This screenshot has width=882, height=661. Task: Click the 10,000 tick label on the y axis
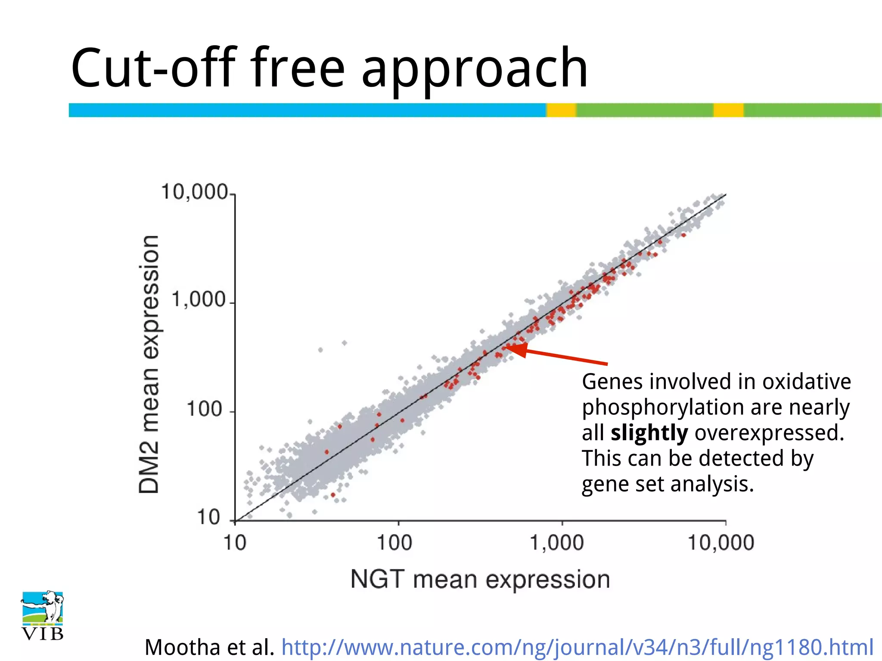pos(194,192)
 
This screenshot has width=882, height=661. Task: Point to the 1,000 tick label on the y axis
pos(199,300)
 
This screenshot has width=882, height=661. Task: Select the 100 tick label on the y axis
pos(205,408)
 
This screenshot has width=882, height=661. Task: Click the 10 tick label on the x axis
pos(235,543)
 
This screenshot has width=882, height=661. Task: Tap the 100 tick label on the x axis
pos(394,543)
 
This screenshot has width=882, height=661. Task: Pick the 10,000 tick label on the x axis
pos(721,543)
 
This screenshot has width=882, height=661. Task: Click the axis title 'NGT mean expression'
pos(480,580)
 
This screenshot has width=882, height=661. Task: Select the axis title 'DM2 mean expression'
pos(149,364)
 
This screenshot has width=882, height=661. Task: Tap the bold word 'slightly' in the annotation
pos(649,433)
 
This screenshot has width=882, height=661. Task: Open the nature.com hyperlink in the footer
pos(577,647)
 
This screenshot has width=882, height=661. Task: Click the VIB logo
pos(42,615)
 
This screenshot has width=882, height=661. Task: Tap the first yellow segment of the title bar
pos(561,110)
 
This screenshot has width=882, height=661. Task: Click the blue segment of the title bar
pos(307,110)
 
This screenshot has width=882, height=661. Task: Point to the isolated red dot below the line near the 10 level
pos(332,495)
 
